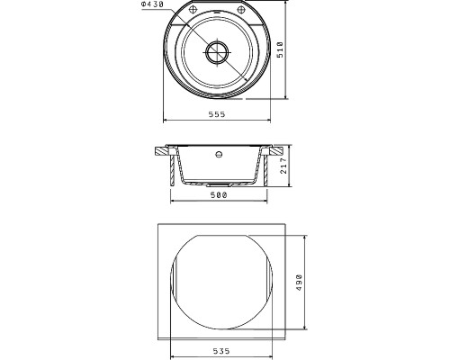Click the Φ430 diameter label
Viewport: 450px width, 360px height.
(153, 4)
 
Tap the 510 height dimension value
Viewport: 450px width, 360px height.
(280, 49)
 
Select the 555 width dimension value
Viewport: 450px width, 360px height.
(217, 114)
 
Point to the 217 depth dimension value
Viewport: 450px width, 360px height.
(283, 166)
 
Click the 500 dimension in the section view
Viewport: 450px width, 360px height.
(219, 195)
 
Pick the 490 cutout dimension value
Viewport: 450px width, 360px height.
(299, 283)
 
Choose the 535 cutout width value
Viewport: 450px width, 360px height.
(221, 351)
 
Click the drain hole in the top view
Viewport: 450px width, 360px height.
(217, 52)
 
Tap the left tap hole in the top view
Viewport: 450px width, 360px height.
(193, 9)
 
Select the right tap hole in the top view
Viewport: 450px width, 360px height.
(241, 10)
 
